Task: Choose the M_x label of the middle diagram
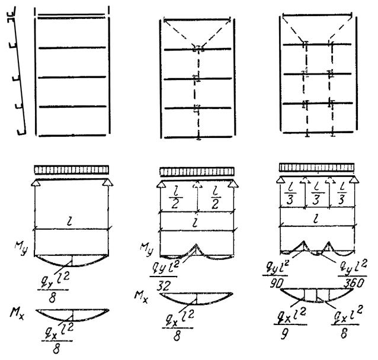click(x=137, y=278)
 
